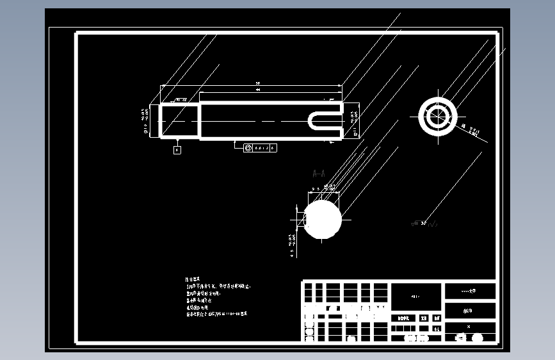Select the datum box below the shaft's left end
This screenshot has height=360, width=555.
pyautogui.click(x=177, y=149)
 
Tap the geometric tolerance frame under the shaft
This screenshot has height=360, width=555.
pyautogui.click(x=260, y=148)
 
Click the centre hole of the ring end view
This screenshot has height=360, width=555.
pyautogui.click(x=438, y=116)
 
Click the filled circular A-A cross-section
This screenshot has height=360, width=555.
pyautogui.click(x=323, y=218)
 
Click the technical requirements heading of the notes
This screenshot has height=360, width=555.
pyautogui.click(x=193, y=279)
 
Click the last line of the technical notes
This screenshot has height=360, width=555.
pyautogui.click(x=217, y=315)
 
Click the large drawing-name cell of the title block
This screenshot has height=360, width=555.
pyautogui.click(x=416, y=297)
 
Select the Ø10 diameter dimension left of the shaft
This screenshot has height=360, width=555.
pyautogui.click(x=145, y=120)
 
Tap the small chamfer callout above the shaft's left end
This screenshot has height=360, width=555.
pyautogui.click(x=181, y=100)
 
